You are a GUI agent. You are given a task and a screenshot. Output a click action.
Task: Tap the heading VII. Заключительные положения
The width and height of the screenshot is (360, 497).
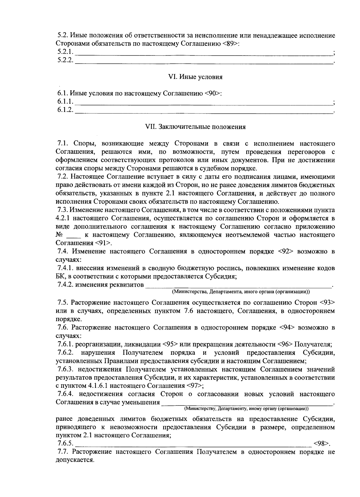(195, 127)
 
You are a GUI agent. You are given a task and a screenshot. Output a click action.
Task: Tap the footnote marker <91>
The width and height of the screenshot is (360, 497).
(103, 242)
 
